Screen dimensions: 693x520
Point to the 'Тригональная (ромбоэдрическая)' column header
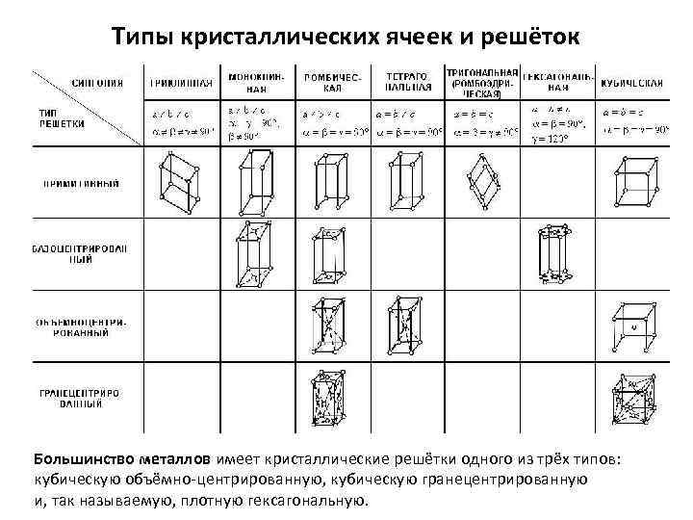[x=482, y=83]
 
